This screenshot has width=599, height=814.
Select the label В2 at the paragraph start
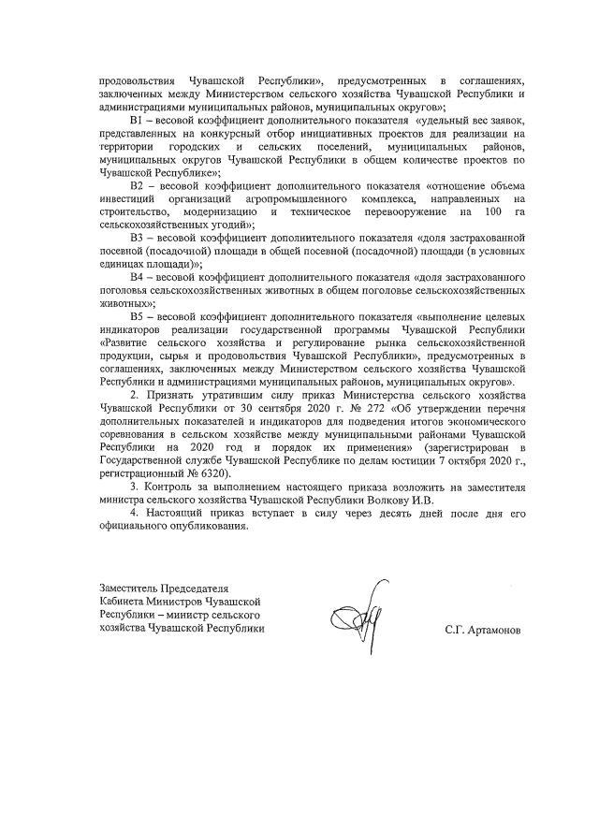136,187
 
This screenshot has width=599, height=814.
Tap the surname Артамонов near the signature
484,631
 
